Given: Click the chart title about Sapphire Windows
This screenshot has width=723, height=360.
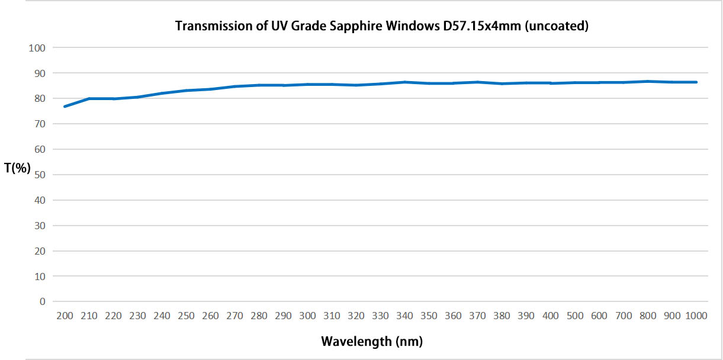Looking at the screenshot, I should pos(381,27).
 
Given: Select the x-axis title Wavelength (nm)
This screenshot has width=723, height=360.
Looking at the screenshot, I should pos(372,341).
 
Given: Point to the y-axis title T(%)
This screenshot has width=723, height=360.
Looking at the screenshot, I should pos(17,168).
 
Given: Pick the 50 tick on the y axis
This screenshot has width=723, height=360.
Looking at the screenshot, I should pos(40,175).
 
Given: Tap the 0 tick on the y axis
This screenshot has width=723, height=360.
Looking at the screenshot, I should pos(42,301).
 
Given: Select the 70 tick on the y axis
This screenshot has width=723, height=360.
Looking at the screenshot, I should pos(40,124).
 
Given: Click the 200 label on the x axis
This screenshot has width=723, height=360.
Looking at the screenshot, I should pos(65,316).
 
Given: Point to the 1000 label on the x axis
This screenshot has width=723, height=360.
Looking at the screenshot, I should pos(696,316).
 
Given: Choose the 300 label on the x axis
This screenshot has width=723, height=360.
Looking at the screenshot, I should pos(307,316).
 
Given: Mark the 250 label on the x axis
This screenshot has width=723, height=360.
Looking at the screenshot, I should pos(186,316).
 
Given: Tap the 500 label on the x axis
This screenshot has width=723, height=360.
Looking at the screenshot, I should pos(575,316).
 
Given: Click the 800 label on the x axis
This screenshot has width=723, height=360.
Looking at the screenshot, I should pos(648,316).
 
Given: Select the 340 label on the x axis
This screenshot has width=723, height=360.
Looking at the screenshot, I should pos(404,316).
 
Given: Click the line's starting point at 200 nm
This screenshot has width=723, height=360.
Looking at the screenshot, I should pos(65,107).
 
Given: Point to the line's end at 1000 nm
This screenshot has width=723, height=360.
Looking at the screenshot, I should pos(696,82).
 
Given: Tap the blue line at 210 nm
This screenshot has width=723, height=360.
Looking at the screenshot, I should pos(89,98).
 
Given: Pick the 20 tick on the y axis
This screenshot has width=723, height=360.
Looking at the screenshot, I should pos(40,251).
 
